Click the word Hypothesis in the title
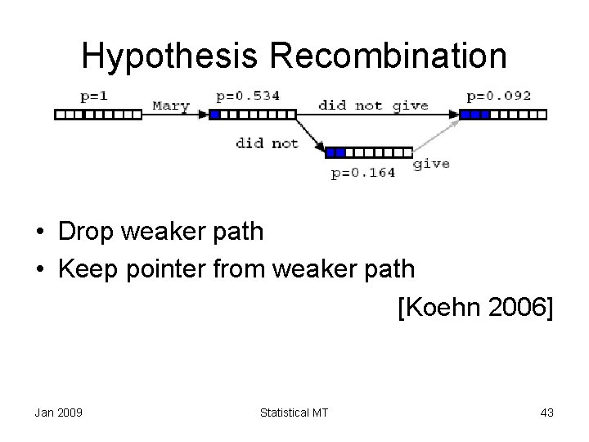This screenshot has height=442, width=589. point(169,56)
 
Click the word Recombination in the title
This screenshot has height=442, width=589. point(384,56)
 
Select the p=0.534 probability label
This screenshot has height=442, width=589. point(248,96)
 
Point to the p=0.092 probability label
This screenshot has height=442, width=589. point(498,96)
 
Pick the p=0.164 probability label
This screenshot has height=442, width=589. point(363,172)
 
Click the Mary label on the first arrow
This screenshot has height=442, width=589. point(171,106)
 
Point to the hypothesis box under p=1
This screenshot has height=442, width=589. point(97,115)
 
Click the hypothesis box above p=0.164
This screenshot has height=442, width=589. point(368,152)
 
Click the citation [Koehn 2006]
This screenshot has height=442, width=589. point(475,308)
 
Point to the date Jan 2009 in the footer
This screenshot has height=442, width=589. point(58,413)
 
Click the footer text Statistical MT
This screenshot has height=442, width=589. point(294,413)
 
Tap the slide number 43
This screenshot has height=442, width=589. point(546,413)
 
